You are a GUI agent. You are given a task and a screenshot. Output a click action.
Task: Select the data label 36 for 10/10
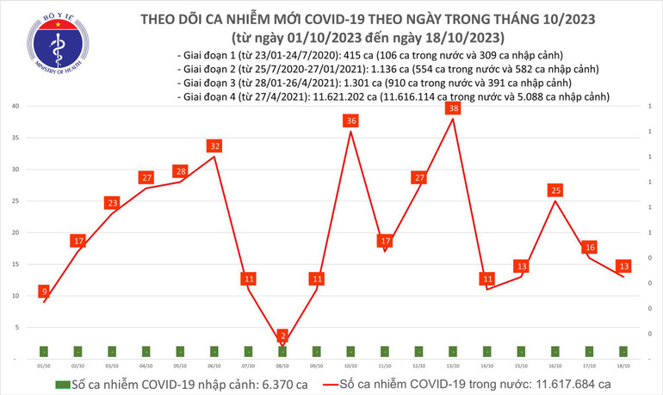pos(351,121)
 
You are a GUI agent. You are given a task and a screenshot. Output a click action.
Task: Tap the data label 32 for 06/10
pos(214,146)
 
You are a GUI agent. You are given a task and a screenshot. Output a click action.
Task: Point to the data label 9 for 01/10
pos(43,293)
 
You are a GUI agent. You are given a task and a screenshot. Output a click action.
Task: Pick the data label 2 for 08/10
pos(282,335)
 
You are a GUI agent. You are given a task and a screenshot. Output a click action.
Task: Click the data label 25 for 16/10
pos(556,190)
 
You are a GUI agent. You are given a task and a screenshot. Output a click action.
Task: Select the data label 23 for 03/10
pos(112,203)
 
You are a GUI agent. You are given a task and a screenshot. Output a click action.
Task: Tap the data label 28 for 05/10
pos(180,171)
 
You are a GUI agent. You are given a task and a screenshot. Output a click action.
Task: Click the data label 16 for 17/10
pos(590,247)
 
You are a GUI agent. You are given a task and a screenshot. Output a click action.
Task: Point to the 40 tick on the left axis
pos(16,107)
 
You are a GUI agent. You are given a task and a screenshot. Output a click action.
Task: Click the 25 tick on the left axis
pos(16,201)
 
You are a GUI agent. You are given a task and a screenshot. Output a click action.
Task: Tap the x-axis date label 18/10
pos(624,365)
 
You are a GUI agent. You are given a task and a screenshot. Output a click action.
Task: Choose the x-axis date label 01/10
pos(43,365)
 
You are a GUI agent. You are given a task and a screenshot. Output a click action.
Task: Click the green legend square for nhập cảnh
pos(61,384)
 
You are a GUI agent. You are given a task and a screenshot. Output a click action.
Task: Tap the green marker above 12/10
pos(419,351)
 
